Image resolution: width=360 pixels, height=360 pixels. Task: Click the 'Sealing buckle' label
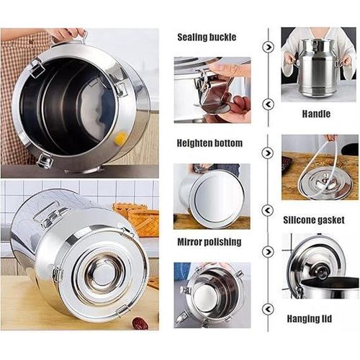(207, 37)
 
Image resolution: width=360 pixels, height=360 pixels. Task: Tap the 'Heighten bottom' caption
(210, 143)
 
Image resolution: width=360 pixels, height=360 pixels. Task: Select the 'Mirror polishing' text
(210, 242)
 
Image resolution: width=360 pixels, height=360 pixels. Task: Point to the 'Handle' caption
(316, 114)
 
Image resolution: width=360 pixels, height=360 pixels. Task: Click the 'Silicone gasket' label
(314, 220)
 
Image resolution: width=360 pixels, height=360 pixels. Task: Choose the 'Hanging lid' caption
(310, 319)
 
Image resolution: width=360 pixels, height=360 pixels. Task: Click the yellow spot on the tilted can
(120, 138)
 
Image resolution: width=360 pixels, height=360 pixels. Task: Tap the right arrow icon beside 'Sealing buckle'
(268, 47)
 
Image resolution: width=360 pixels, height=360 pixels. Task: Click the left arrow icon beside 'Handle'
(268, 104)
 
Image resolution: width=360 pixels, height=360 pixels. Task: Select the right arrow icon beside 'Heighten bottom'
(268, 153)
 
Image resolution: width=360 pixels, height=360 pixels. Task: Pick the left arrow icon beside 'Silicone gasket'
(268, 210)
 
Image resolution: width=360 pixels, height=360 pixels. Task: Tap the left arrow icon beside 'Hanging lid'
(268, 309)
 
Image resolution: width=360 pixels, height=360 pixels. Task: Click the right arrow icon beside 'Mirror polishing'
(268, 252)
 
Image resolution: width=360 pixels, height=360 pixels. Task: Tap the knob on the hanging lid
(320, 271)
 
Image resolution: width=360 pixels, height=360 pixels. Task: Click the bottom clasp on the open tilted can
(45, 161)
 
